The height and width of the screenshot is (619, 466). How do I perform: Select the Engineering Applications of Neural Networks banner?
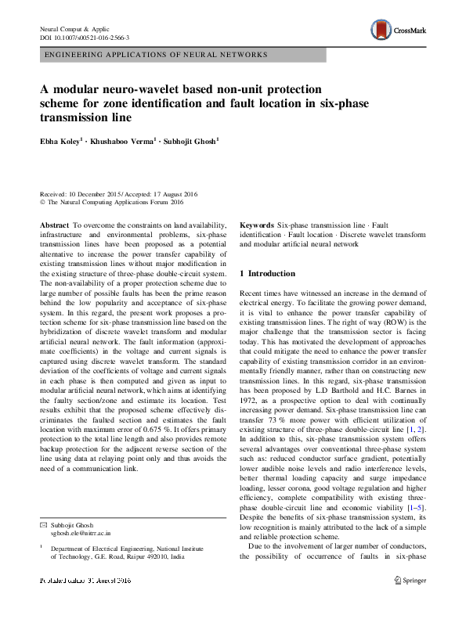click(x=156, y=55)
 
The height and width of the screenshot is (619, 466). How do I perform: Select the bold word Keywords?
click(x=256, y=224)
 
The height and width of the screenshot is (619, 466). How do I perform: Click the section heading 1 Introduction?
click(x=267, y=274)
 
